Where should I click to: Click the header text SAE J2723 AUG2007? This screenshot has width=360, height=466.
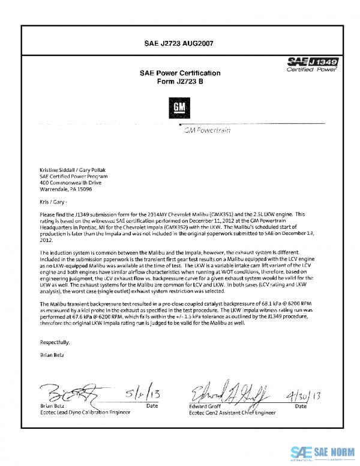179,43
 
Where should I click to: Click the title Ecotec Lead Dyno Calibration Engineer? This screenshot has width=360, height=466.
88,413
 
